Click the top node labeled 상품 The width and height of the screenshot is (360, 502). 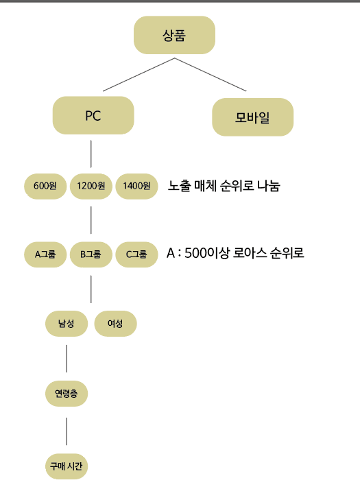point(174,35)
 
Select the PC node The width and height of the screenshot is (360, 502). point(93,115)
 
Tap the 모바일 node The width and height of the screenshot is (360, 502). point(253,117)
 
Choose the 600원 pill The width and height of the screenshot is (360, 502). point(45,186)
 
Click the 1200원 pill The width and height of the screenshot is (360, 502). point(91,186)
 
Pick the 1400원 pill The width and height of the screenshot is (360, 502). point(136,186)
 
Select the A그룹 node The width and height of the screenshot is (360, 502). point(45,254)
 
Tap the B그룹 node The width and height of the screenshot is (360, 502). point(91,254)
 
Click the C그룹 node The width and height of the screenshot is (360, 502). point(136,254)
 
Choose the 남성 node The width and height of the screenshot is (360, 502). point(67,324)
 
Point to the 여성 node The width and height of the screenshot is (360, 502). point(115,324)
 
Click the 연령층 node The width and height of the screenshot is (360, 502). point(67,394)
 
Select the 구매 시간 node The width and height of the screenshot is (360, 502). point(67,466)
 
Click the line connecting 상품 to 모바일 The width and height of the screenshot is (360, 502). point(211,75)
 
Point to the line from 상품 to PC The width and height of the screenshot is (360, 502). point(139,75)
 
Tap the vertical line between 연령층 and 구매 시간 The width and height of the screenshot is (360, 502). point(67,431)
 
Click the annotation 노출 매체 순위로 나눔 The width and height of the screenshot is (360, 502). point(224,186)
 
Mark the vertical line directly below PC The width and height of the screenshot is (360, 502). point(91,154)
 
